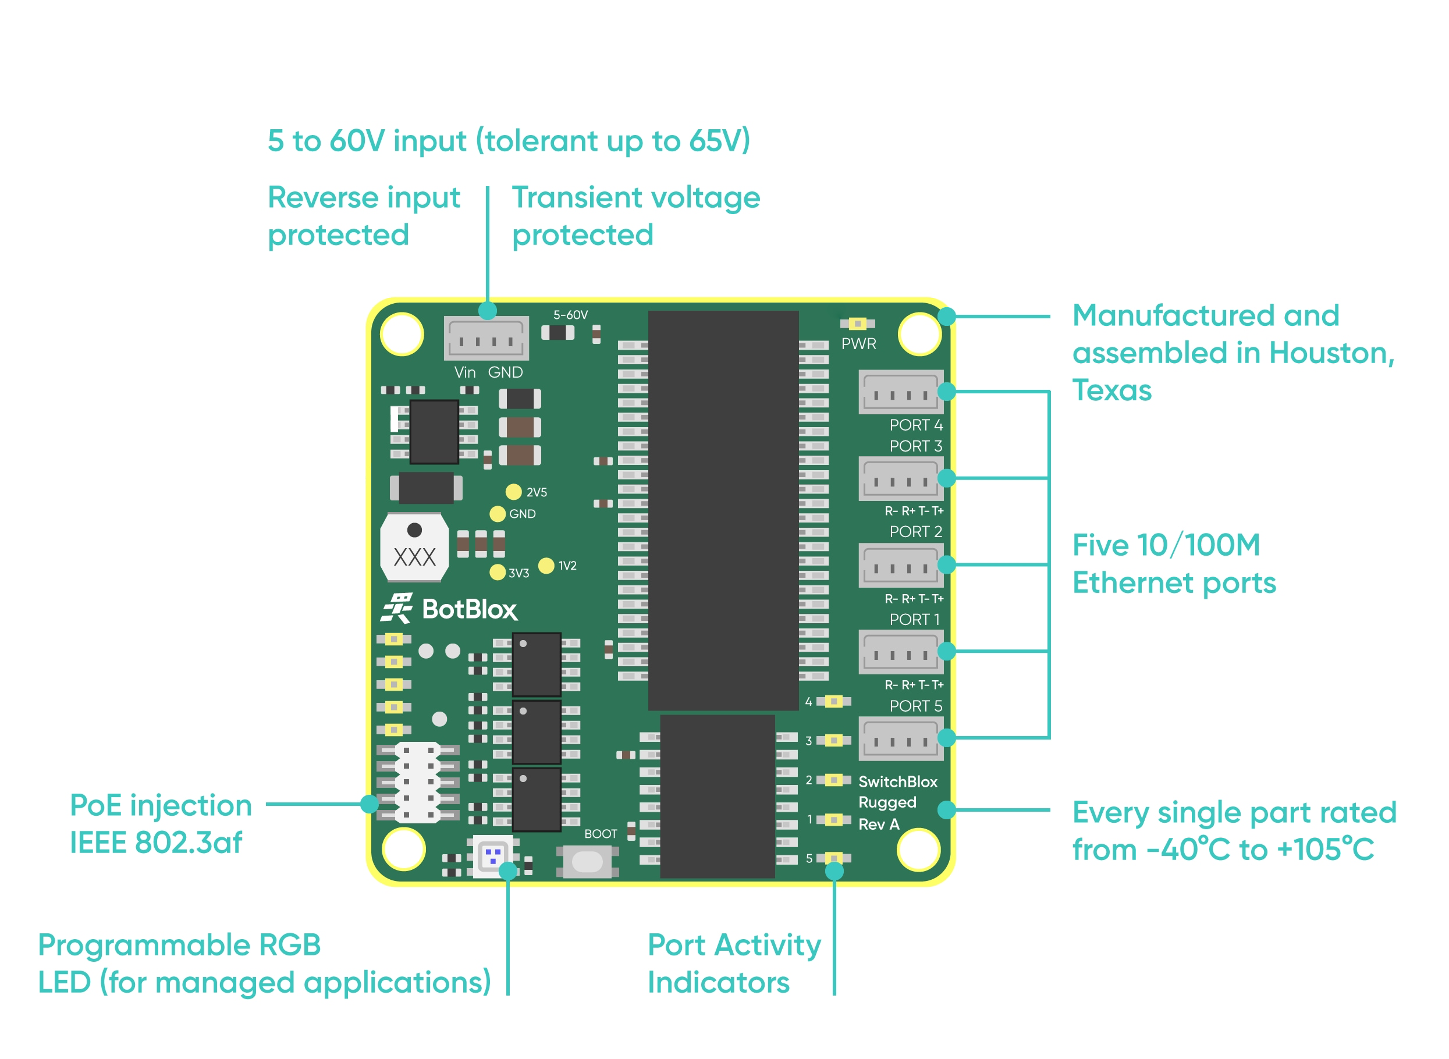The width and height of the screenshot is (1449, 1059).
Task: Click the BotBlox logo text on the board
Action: coord(468,610)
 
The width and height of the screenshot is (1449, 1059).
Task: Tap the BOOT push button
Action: coord(587,862)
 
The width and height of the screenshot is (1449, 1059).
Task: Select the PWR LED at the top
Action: coord(857,324)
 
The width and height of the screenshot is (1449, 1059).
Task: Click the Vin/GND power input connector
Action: coord(486,339)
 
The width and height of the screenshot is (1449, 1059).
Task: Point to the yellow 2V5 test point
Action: coord(514,492)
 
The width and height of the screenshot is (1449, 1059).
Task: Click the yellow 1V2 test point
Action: coord(546,566)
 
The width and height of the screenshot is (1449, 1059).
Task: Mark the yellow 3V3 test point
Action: coord(498,573)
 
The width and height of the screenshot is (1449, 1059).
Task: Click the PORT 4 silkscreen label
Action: coord(915,425)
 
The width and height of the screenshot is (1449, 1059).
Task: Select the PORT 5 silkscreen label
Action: coord(915,706)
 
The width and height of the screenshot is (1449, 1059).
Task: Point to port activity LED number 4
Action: coord(833,702)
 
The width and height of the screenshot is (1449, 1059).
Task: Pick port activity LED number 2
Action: coord(833,780)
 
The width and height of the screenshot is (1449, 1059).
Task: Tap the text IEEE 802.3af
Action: coord(156,843)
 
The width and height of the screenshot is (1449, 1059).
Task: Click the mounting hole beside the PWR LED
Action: coord(919,333)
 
